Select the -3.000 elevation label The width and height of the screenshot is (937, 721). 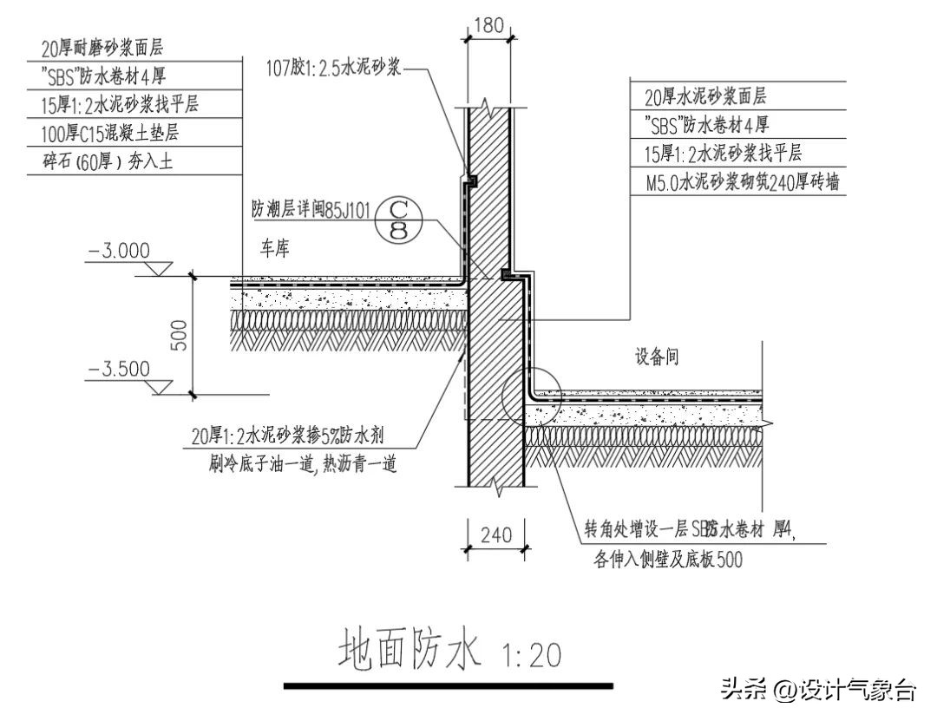tap(118, 251)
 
